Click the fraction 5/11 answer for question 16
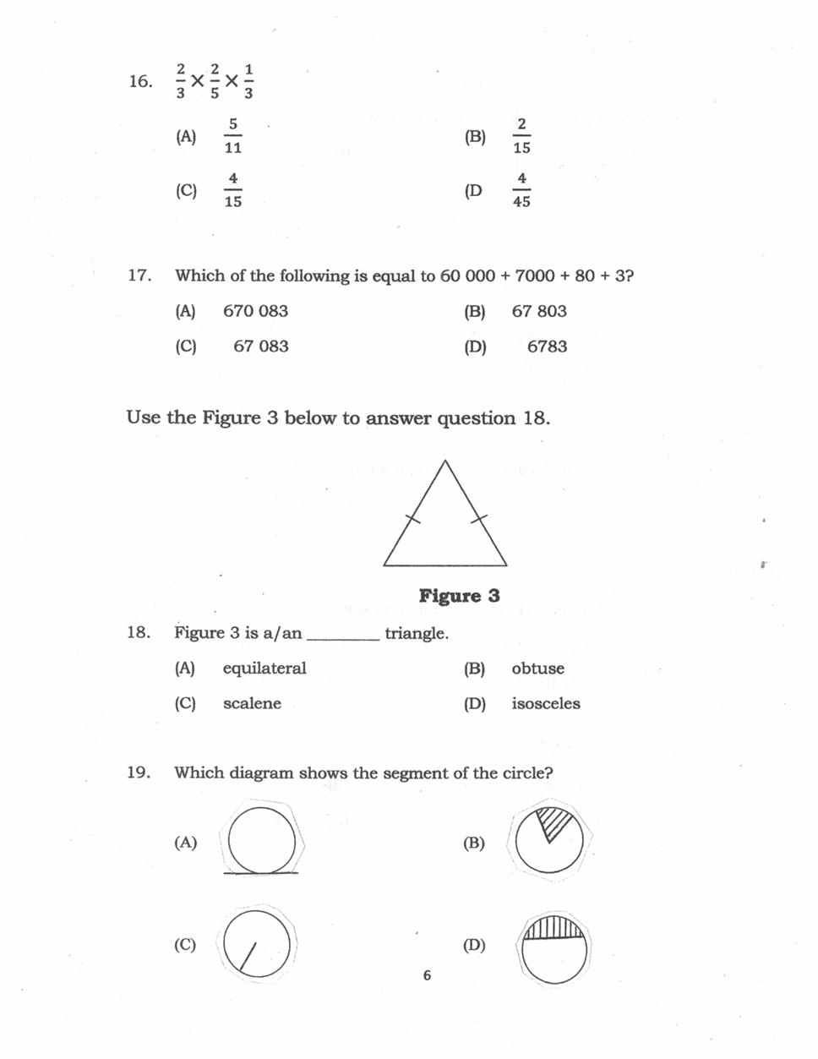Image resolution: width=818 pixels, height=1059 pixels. tap(233, 136)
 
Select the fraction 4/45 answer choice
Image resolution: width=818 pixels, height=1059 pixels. tap(521, 190)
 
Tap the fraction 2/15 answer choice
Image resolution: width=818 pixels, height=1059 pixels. tap(521, 136)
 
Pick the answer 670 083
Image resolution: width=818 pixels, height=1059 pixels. tap(255, 311)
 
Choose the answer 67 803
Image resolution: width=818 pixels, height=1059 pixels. tap(539, 311)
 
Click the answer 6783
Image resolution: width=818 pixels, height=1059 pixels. tap(547, 347)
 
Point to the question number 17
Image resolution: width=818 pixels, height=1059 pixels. tap(139, 276)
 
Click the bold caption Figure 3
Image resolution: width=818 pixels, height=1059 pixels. tap(459, 596)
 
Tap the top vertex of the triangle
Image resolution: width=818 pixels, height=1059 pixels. tap(444, 461)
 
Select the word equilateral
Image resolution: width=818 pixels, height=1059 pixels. tap(264, 669)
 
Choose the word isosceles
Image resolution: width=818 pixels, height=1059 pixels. tap(546, 704)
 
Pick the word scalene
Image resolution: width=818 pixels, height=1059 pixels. tap(252, 704)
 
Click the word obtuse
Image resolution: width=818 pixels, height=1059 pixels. tap(537, 669)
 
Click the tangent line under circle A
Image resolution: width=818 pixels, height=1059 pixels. tap(260, 873)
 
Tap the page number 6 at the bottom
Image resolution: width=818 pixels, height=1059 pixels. tap(427, 975)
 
